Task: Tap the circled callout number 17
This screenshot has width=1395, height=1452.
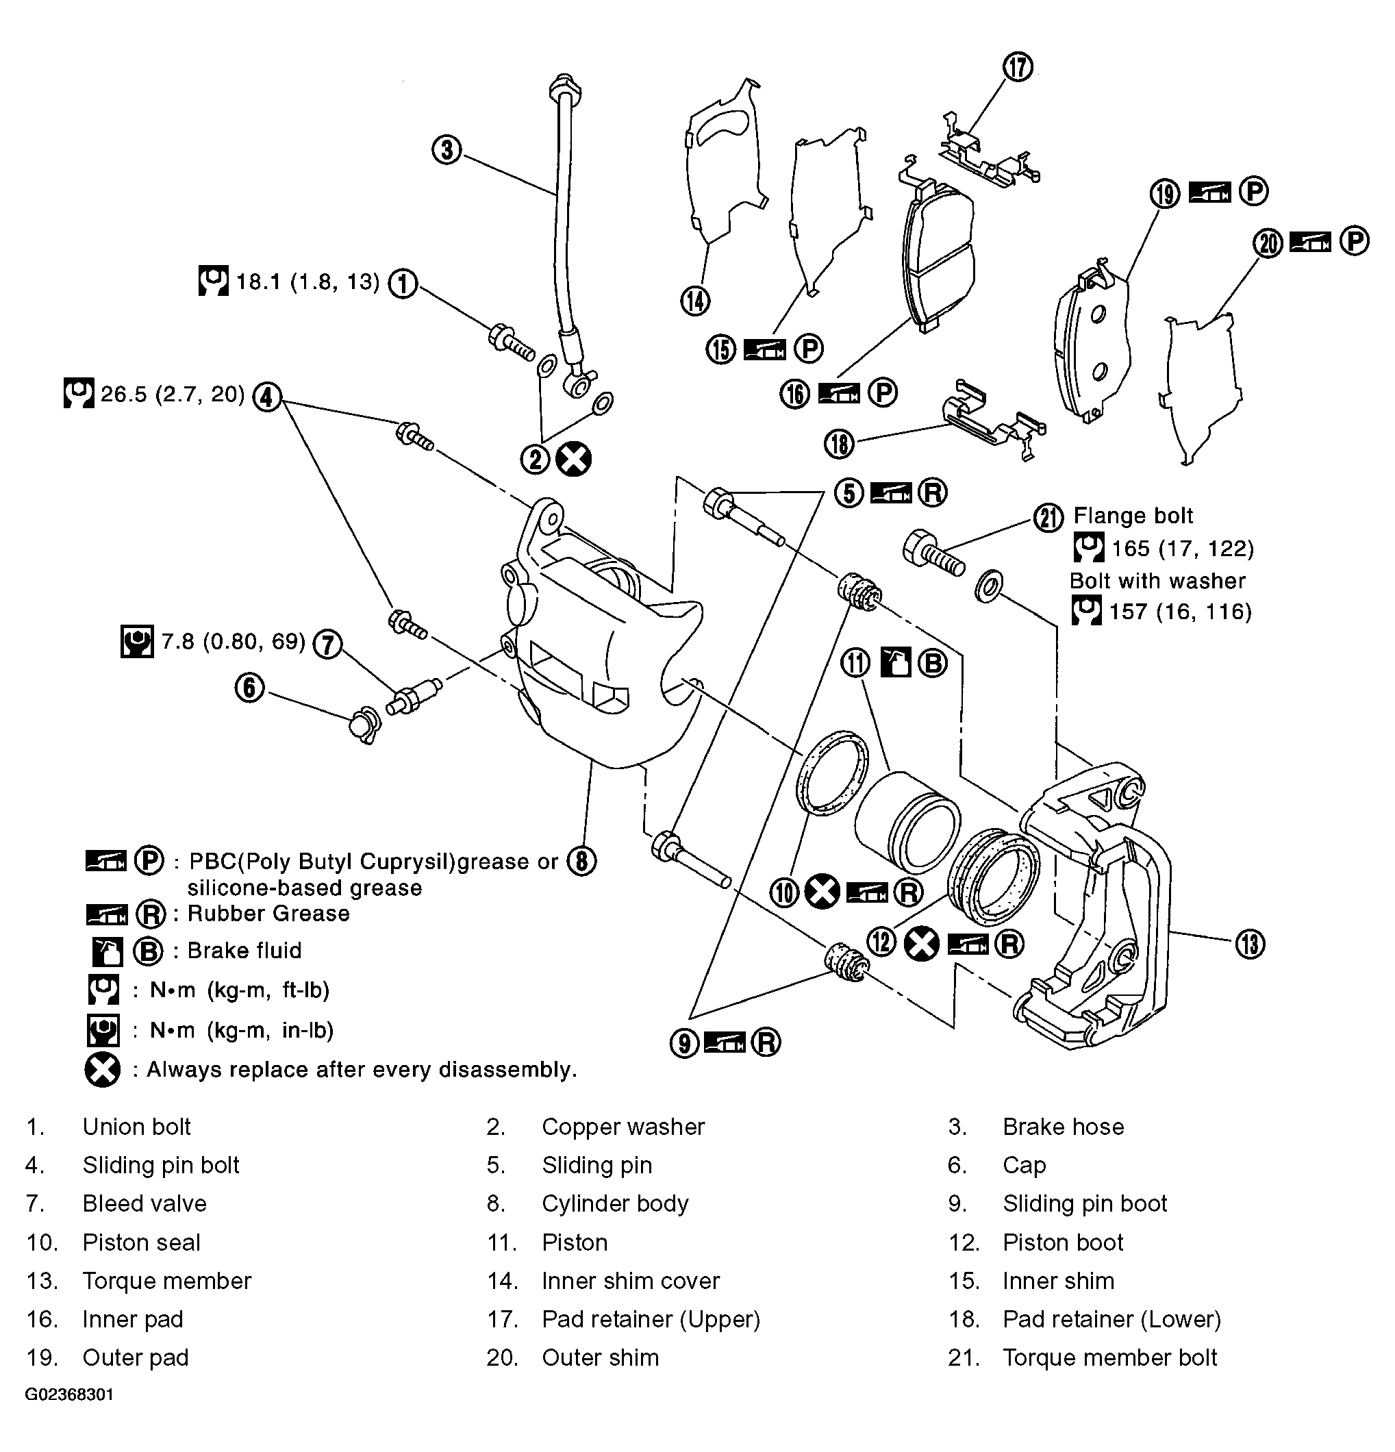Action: pyautogui.click(x=1018, y=67)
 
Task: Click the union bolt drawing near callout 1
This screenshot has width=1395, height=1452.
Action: pyautogui.click(x=511, y=342)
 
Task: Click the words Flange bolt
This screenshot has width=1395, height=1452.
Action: pyautogui.click(x=1133, y=516)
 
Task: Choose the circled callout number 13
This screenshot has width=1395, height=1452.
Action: pyautogui.click(x=1250, y=944)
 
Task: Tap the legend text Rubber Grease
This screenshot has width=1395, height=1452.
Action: pyautogui.click(x=268, y=914)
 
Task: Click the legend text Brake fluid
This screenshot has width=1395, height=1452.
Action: pyautogui.click(x=244, y=951)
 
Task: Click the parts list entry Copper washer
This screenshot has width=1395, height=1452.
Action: pyautogui.click(x=623, y=1126)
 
